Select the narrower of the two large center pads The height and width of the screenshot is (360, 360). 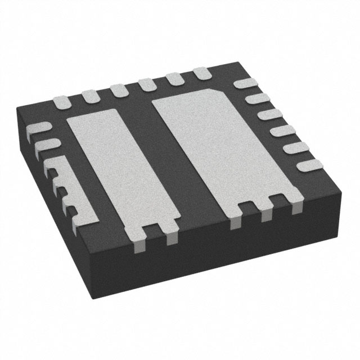tap(110, 169)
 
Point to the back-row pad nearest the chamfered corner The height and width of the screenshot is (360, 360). tap(201, 73)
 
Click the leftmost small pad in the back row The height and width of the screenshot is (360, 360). tap(61, 102)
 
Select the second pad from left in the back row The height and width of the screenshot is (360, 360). tap(90, 96)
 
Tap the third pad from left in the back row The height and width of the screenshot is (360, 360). tap(119, 90)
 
